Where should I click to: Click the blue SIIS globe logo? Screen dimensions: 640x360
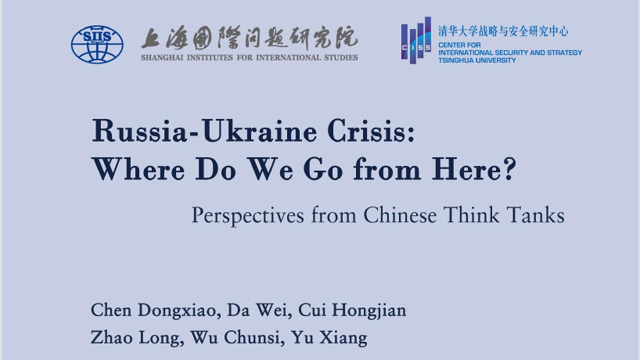97,44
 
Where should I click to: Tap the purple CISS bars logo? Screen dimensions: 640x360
416,40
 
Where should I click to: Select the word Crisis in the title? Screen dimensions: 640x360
371,131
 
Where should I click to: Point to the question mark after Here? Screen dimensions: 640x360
509,169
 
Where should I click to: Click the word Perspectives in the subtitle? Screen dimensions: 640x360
247,215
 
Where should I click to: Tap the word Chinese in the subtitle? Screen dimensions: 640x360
400,215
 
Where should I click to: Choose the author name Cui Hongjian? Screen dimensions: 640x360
352,310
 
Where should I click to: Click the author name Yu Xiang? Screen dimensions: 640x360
329,337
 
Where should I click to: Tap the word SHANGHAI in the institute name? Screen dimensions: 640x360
162,57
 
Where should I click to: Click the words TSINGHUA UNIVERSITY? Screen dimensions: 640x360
477,60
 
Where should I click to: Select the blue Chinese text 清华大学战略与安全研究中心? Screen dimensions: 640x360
503,31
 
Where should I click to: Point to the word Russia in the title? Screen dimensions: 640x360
139,131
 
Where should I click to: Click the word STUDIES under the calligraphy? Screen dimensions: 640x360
341,57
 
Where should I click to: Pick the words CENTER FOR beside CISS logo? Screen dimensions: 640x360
459,45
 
